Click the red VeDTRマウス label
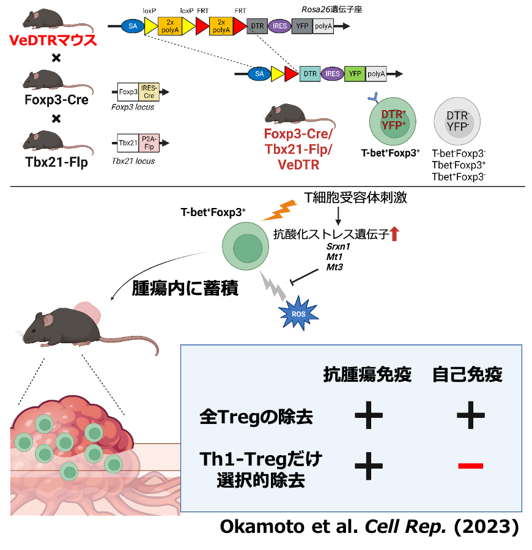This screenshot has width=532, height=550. coord(51,41)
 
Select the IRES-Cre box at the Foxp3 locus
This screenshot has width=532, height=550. coord(149,92)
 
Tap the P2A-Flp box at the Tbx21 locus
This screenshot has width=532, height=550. coord(149,143)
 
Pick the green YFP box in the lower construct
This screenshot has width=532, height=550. coord(354,74)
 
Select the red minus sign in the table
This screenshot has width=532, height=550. coord(470,466)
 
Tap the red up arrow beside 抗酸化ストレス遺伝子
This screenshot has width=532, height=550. coord(394,233)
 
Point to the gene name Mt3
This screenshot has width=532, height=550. coord(334,267)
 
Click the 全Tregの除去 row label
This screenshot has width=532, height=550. coord(256,417)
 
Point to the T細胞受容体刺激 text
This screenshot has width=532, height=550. coord(355,198)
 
